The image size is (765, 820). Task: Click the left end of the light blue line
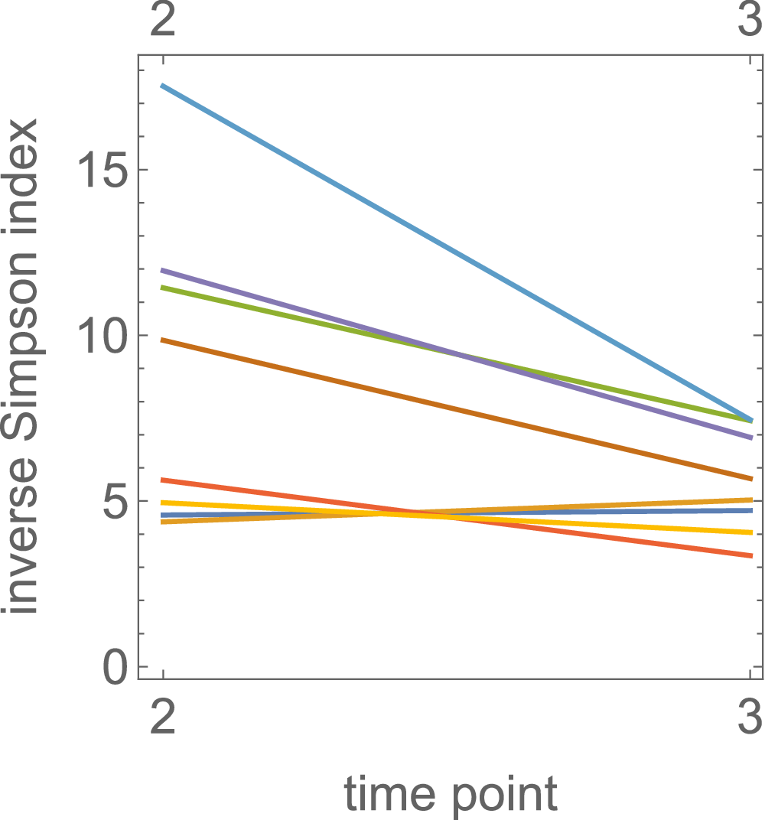click(x=163, y=86)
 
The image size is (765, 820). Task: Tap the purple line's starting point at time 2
click(x=163, y=270)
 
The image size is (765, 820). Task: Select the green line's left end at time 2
click(x=163, y=288)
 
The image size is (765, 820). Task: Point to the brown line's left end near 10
click(x=163, y=340)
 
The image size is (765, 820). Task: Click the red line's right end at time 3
click(x=751, y=555)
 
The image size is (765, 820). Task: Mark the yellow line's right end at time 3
click(x=751, y=532)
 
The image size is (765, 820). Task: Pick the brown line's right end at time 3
click(x=751, y=479)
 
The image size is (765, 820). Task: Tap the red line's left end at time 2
click(x=163, y=480)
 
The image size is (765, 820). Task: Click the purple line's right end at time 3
click(x=751, y=438)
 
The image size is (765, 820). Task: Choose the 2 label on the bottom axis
click(x=163, y=718)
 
